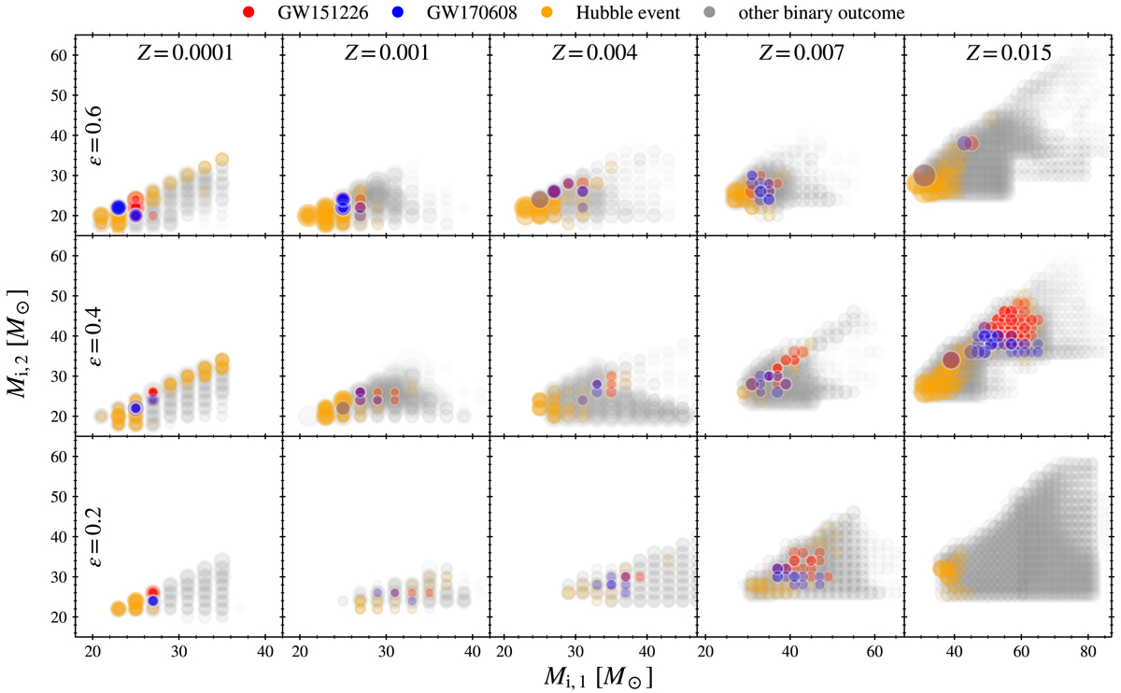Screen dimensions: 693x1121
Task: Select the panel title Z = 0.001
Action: (385, 54)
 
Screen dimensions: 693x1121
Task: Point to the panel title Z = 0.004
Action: (592, 54)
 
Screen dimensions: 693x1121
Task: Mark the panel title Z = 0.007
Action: (800, 54)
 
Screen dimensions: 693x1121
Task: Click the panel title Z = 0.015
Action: (1007, 54)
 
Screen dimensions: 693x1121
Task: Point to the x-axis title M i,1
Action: (594, 674)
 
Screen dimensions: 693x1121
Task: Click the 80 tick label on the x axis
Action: (1087, 651)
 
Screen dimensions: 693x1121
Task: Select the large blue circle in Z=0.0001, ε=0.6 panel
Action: (119, 207)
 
